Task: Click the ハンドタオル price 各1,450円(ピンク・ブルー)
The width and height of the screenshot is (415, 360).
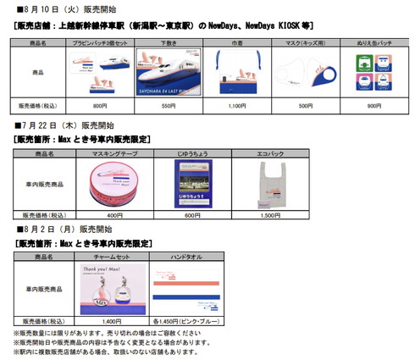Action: click(x=193, y=320)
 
